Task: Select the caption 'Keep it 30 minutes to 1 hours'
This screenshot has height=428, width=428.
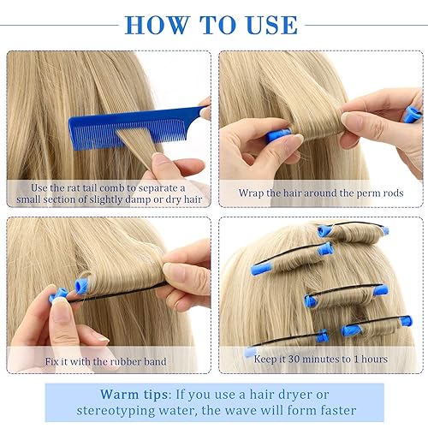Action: (321, 360)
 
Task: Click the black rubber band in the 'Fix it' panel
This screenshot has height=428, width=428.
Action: (120, 294)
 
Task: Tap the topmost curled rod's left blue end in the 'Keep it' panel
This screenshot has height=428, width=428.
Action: (324, 230)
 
